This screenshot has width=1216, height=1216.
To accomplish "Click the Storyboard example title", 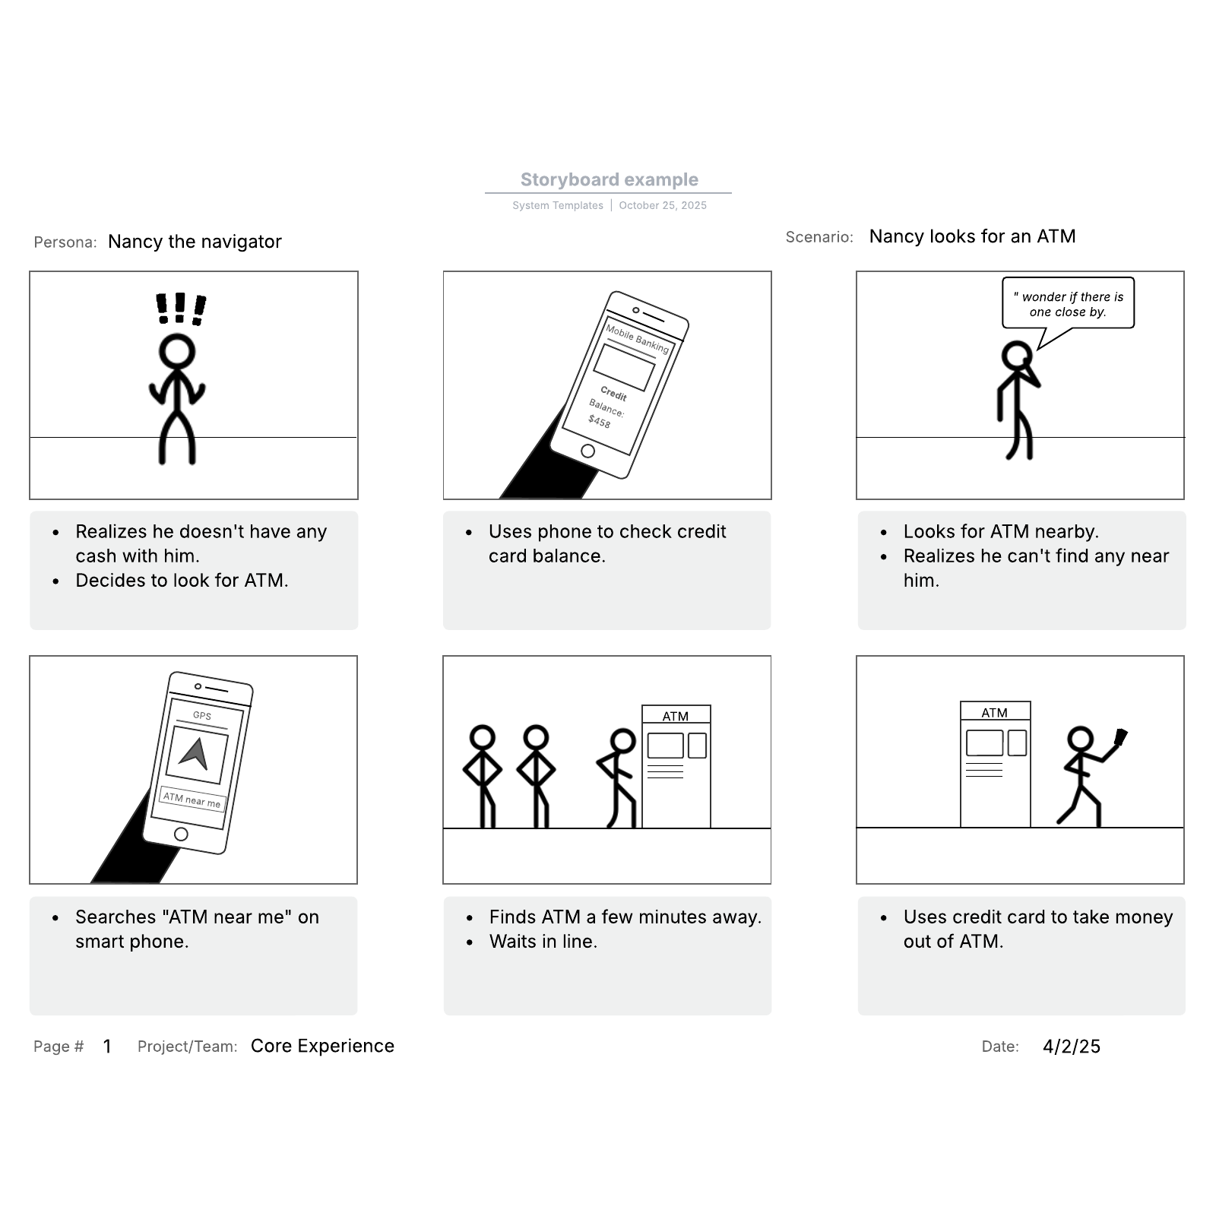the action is [x=609, y=179].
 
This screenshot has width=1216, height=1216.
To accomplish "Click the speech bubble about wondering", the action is [x=1068, y=304].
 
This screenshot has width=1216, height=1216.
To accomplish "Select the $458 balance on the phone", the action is [x=599, y=421].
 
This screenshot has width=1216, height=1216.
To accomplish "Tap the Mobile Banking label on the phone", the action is [x=637, y=338].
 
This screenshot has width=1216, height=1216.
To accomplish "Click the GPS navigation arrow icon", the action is [x=195, y=753].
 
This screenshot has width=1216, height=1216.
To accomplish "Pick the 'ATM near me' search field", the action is [x=192, y=800].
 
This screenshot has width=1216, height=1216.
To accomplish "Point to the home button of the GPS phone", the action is [x=181, y=834].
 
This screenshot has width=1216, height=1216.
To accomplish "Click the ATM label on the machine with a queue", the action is [x=676, y=716].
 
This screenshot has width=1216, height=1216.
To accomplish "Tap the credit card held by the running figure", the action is [x=1120, y=737].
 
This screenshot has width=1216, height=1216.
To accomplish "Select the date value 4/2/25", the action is [x=1072, y=1047].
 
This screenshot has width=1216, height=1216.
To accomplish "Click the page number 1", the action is [x=107, y=1047].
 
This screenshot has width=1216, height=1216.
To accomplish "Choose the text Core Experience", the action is [x=322, y=1047].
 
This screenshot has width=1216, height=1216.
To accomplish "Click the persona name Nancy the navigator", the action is [x=195, y=242].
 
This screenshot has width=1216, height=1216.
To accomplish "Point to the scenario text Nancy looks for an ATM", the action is [x=972, y=236].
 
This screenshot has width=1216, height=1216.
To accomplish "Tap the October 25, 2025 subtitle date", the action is [x=663, y=205].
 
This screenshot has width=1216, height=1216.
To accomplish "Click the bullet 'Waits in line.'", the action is [x=543, y=942].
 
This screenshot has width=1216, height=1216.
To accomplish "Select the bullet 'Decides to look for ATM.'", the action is [x=182, y=581].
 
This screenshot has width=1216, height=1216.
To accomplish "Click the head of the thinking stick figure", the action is [x=1017, y=356].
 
